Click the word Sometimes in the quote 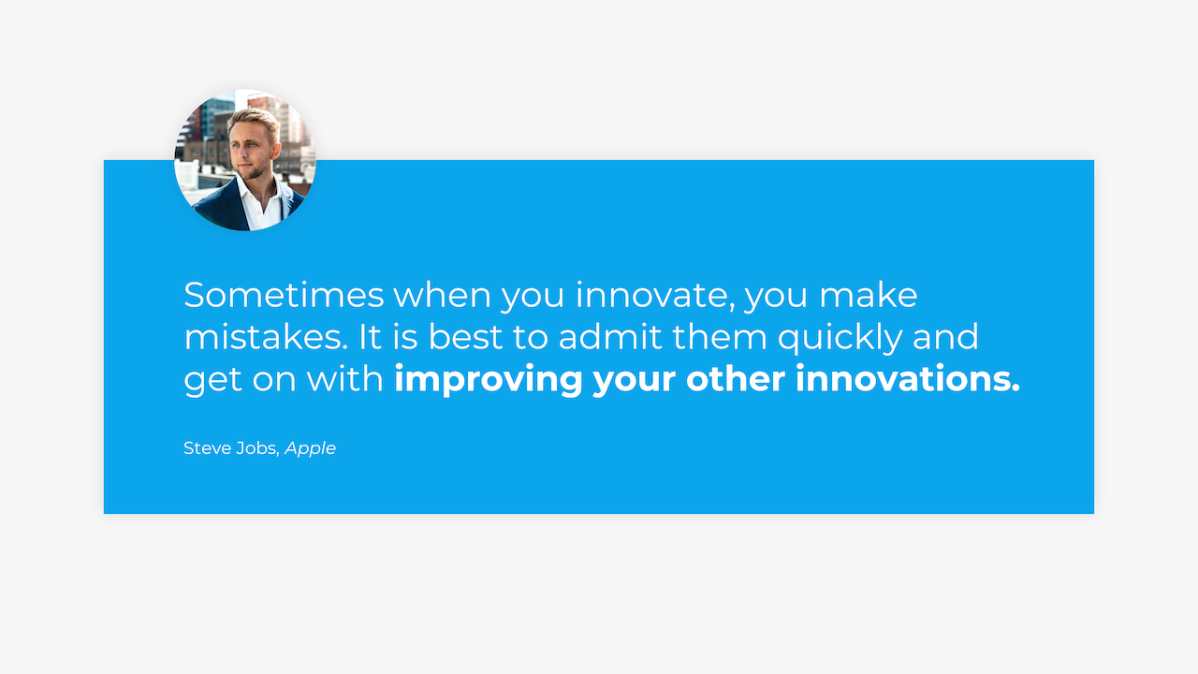point(284,295)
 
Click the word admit point(610,337)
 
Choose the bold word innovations point(908,379)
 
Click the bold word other point(736,379)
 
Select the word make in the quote point(869,295)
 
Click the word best point(465,337)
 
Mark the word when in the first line point(443,295)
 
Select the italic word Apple point(310,449)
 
